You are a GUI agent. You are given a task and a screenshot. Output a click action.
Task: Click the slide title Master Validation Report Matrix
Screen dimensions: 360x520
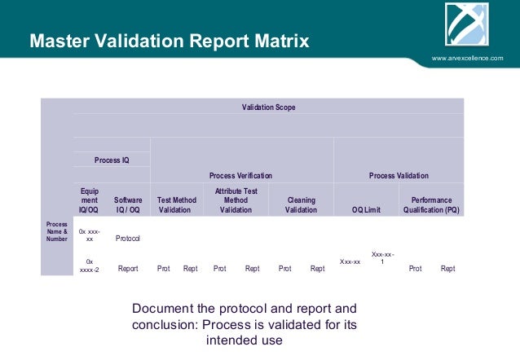tap(169, 41)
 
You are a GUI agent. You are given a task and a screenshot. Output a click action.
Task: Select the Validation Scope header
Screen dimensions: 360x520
tap(268, 108)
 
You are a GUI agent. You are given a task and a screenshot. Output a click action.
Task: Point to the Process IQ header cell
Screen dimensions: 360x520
tap(112, 160)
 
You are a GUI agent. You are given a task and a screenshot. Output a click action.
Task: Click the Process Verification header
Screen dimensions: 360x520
tap(240, 175)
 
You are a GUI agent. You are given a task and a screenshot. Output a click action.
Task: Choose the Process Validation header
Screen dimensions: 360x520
tap(399, 175)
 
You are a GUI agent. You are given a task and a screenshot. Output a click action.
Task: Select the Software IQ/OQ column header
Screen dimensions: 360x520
tap(127, 204)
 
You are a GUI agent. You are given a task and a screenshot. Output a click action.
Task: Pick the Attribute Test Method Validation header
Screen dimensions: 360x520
tap(236, 200)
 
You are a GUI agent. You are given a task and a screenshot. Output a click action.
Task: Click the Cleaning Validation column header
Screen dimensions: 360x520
tap(301, 204)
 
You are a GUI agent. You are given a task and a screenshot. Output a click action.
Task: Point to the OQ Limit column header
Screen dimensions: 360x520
tap(366, 209)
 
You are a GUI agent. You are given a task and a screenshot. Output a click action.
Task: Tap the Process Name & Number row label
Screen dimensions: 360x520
tap(57, 232)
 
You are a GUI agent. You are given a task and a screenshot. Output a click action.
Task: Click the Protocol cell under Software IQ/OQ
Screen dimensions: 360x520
tap(128, 239)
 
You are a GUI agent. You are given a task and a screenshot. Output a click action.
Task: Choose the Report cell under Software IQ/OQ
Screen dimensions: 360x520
tap(128, 268)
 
